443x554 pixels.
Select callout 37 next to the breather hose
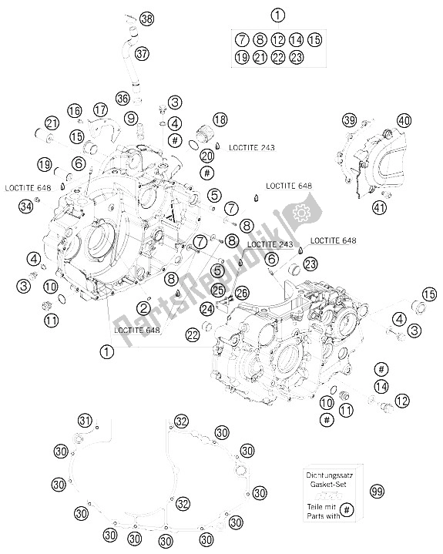[142, 54]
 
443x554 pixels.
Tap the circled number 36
[122, 98]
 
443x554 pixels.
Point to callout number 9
[133, 118]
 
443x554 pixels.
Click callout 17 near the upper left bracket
[99, 110]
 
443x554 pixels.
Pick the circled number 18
[221, 119]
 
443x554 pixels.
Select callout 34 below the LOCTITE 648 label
[26, 206]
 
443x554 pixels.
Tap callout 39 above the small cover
[351, 121]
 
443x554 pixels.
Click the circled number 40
[404, 120]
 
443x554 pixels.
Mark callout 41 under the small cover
[378, 206]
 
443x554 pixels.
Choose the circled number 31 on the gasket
[85, 420]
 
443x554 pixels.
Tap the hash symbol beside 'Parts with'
[346, 511]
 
